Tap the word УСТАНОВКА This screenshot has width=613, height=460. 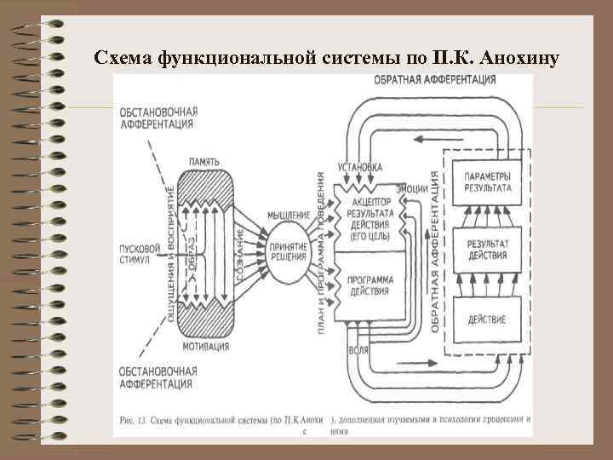pyautogui.click(x=359, y=166)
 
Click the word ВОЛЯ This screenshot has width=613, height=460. pyautogui.click(x=358, y=351)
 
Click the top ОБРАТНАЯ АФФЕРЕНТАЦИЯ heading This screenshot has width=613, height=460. pyautogui.click(x=434, y=81)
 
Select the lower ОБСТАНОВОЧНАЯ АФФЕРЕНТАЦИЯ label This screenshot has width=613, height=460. pyautogui.click(x=159, y=378)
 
